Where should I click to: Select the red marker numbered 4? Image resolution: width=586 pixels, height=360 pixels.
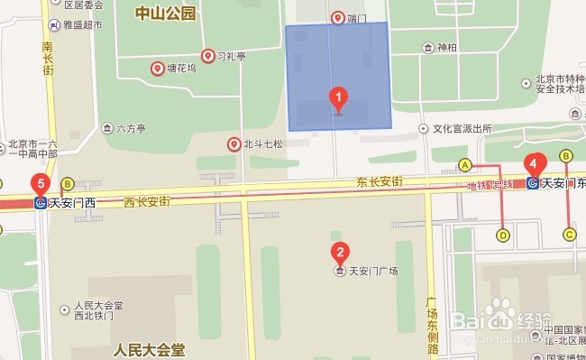click(536, 166)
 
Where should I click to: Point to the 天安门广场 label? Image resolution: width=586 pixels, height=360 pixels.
click(373, 271)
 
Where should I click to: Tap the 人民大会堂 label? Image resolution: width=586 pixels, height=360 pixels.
click(150, 347)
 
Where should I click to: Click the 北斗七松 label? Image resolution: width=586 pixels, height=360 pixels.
click(262, 143)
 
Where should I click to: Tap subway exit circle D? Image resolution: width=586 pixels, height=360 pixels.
click(503, 235)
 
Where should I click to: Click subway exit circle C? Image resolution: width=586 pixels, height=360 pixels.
click(569, 235)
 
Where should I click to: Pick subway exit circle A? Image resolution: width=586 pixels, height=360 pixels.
click(465, 165)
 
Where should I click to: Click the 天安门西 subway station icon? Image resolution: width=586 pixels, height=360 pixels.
click(41, 203)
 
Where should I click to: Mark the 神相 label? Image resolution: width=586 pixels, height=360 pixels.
click(446, 48)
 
